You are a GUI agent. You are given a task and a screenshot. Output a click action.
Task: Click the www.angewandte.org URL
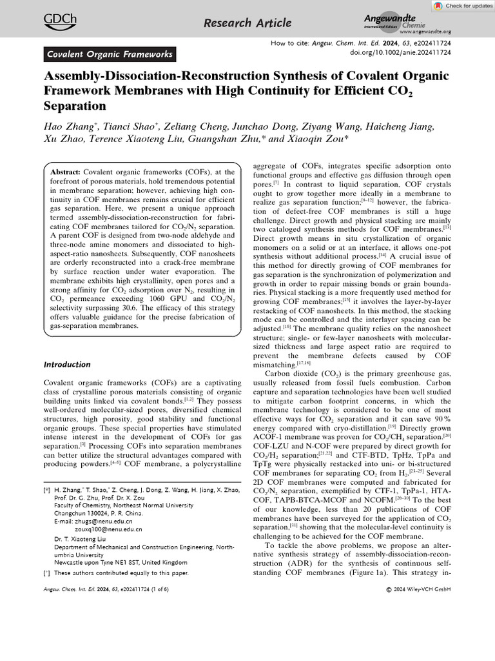[425, 32]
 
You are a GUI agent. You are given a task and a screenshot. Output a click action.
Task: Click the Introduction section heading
[68, 365]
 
